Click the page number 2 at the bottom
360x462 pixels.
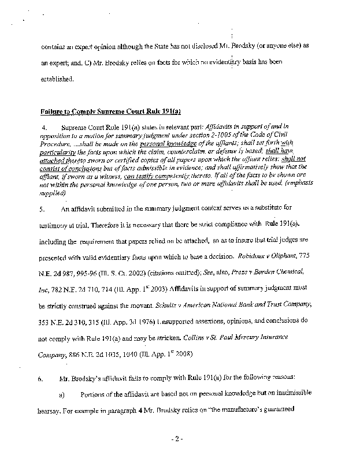click(x=180, y=439)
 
